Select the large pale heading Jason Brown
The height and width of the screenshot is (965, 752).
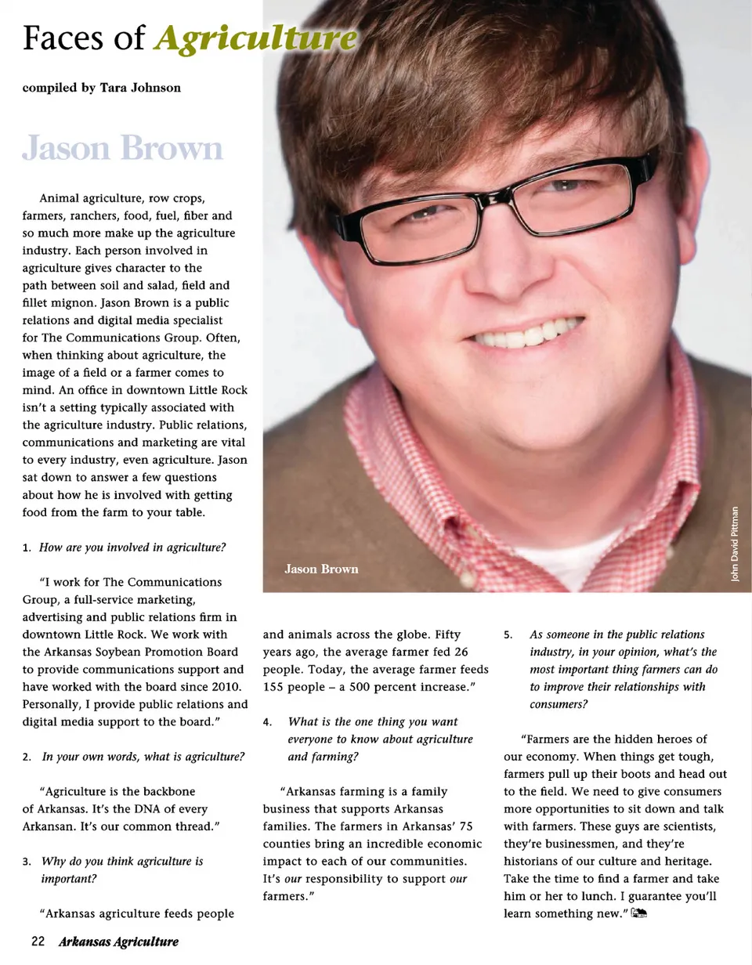pos(123,148)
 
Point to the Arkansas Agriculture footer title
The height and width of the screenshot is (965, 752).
pos(118,941)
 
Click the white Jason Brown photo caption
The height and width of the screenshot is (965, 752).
pos(321,569)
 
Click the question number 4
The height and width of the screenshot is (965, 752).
pos(267,722)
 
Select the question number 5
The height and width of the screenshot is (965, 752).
pos(508,635)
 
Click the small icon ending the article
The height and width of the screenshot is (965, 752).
pos(638,913)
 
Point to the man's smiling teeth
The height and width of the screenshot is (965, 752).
pos(525,334)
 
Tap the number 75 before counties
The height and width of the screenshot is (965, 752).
pos(467,826)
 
